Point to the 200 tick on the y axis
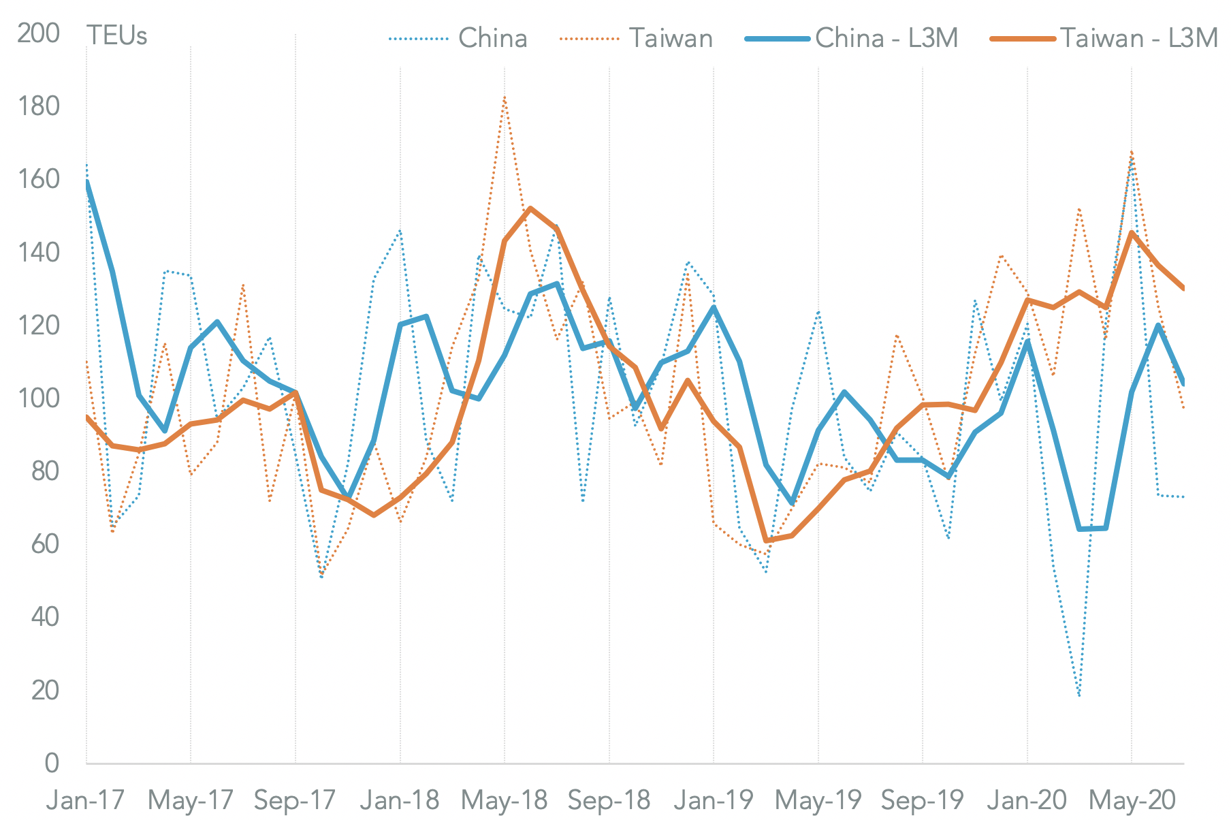pyautogui.click(x=38, y=33)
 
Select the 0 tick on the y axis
pyautogui.click(x=52, y=763)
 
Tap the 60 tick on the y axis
pyautogui.click(x=45, y=543)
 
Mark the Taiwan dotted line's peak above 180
pyautogui.click(x=504, y=97)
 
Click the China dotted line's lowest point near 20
pyautogui.click(x=1079, y=695)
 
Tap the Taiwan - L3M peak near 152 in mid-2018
pyautogui.click(x=530, y=208)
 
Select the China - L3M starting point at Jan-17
pyautogui.click(x=87, y=183)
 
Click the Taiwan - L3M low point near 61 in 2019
pyautogui.click(x=766, y=540)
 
